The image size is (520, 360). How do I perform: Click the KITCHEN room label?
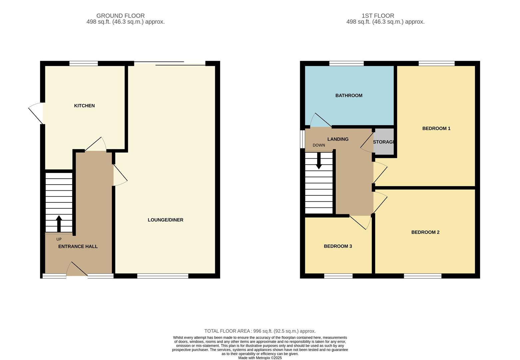pos(84,106)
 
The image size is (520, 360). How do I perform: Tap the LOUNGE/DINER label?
pos(166,220)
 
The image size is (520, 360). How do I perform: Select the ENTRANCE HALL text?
pos(78,247)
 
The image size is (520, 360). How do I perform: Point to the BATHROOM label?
pos(349,96)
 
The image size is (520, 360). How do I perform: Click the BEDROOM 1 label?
pos(436,129)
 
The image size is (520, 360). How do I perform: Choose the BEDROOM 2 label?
pos(425,232)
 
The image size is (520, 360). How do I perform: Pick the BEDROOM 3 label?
pos(338,246)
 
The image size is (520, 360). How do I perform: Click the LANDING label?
pos(338,139)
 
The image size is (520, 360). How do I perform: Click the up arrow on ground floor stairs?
pos(59,223)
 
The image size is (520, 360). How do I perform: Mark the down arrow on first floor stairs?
pos(319,161)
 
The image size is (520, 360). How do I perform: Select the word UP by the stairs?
pos(59,239)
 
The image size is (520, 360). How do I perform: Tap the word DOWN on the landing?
pos(319,145)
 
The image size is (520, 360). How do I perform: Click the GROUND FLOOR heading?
pos(120,16)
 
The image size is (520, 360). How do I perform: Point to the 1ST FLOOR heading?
pos(378,16)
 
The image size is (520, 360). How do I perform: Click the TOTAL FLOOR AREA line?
pos(260,331)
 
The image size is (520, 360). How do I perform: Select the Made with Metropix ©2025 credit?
pos(260,358)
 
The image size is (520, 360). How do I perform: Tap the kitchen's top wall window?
pos(84,63)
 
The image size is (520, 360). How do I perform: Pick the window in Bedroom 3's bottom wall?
pos(338,276)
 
